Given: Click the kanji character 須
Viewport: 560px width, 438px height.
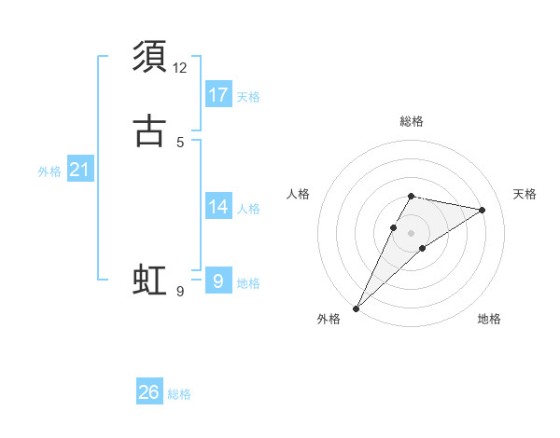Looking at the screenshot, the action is [149, 57].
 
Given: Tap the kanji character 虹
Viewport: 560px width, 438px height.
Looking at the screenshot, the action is [149, 281].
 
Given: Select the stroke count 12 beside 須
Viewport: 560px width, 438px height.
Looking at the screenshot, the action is [180, 68].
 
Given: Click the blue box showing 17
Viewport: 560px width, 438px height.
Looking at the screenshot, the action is [218, 95].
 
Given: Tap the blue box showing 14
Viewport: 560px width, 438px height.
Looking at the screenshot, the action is [218, 207].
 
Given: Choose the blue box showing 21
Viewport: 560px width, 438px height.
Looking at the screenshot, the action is [80, 170].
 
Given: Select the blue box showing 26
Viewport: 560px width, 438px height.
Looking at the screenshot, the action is [149, 392].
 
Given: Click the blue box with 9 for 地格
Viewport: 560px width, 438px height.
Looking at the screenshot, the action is [218, 281].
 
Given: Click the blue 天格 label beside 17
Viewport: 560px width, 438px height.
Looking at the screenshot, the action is [248, 97].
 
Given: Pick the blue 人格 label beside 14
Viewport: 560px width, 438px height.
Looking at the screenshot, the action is [248, 209].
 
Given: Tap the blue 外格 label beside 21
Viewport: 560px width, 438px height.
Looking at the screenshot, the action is [49, 171].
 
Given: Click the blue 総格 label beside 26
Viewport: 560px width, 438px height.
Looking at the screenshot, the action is [179, 394].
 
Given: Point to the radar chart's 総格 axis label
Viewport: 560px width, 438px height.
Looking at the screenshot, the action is [412, 121].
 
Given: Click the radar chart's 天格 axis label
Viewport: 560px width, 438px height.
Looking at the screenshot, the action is [525, 194].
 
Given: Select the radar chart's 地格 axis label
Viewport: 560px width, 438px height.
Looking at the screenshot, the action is [489, 319].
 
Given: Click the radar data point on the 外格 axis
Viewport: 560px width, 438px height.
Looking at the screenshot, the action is [356, 308].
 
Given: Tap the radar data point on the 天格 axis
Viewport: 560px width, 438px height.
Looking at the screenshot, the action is [483, 211].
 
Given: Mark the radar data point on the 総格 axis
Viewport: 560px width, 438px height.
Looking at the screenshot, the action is [412, 196].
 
